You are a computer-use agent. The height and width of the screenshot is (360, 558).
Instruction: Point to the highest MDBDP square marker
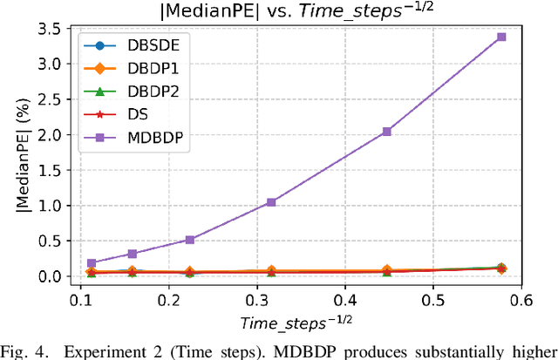501,37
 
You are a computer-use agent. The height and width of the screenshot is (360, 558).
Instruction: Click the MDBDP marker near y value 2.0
387,132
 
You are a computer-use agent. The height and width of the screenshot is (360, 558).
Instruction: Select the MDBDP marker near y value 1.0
271,202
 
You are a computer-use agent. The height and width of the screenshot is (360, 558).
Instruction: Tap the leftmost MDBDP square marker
92,263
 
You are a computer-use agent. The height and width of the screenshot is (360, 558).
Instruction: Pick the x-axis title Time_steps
297,323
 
